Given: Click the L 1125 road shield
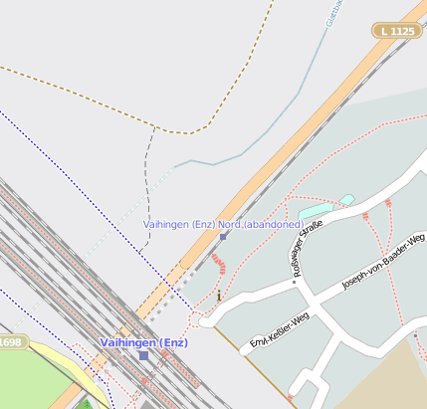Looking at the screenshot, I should point(397,32).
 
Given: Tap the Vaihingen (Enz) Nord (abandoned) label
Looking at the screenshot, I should point(223,225).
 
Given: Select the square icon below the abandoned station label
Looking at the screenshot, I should point(223,237).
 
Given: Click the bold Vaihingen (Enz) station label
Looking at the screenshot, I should point(143,342).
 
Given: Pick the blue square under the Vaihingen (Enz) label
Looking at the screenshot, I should point(143,355).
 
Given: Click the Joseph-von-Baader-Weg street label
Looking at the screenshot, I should point(383,261).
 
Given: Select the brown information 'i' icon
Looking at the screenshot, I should point(219,296).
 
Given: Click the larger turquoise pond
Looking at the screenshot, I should point(316,211).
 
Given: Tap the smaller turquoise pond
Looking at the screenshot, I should point(346,200).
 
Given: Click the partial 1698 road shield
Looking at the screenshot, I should point(10,342).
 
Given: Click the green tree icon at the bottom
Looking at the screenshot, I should point(86,404).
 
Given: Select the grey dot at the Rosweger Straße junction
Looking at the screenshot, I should point(295,282).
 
